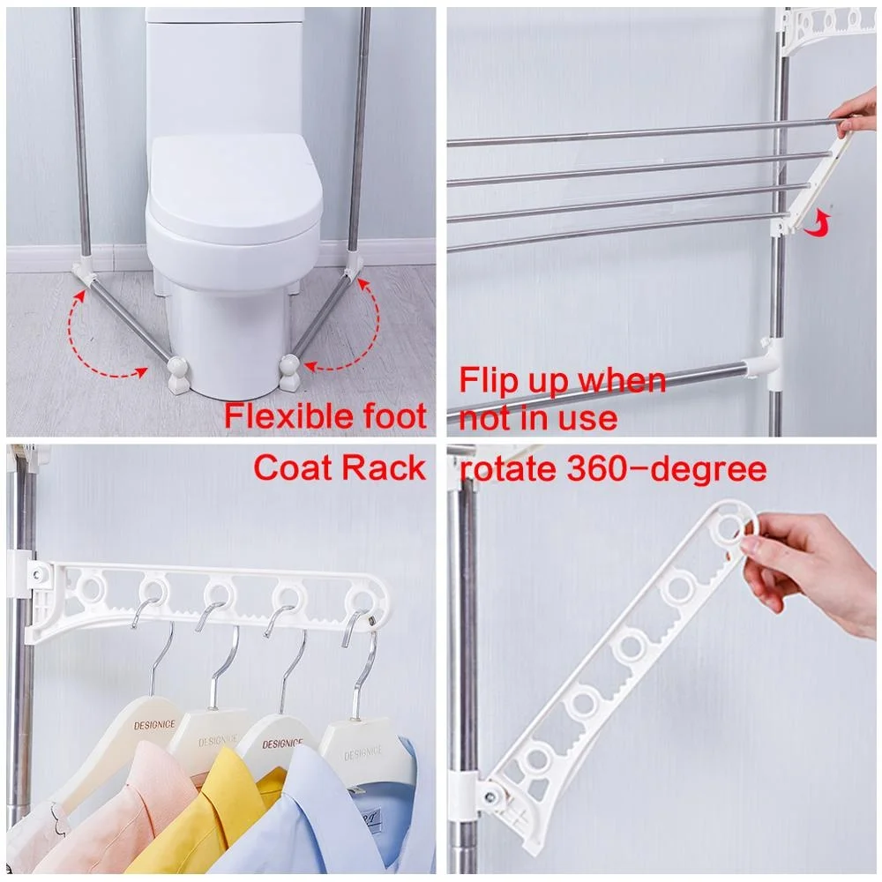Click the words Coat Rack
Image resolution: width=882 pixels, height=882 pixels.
pos(340,468)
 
